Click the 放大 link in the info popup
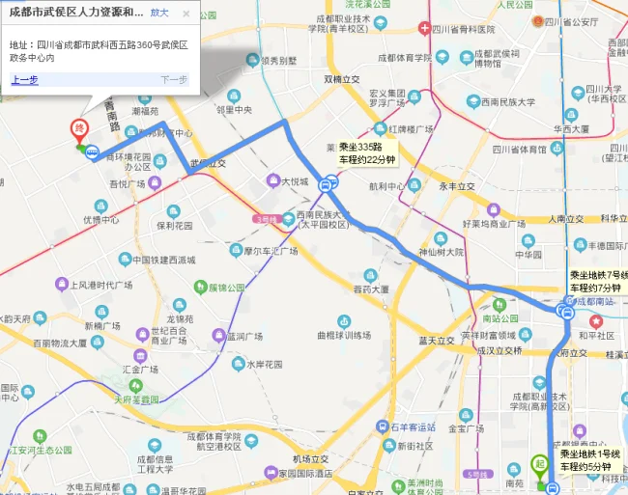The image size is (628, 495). click(x=160, y=14)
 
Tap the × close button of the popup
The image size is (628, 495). click(x=186, y=14)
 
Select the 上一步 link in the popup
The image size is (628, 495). click(x=24, y=80)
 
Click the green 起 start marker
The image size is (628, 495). click(x=539, y=463)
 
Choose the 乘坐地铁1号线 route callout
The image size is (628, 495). click(x=590, y=460)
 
